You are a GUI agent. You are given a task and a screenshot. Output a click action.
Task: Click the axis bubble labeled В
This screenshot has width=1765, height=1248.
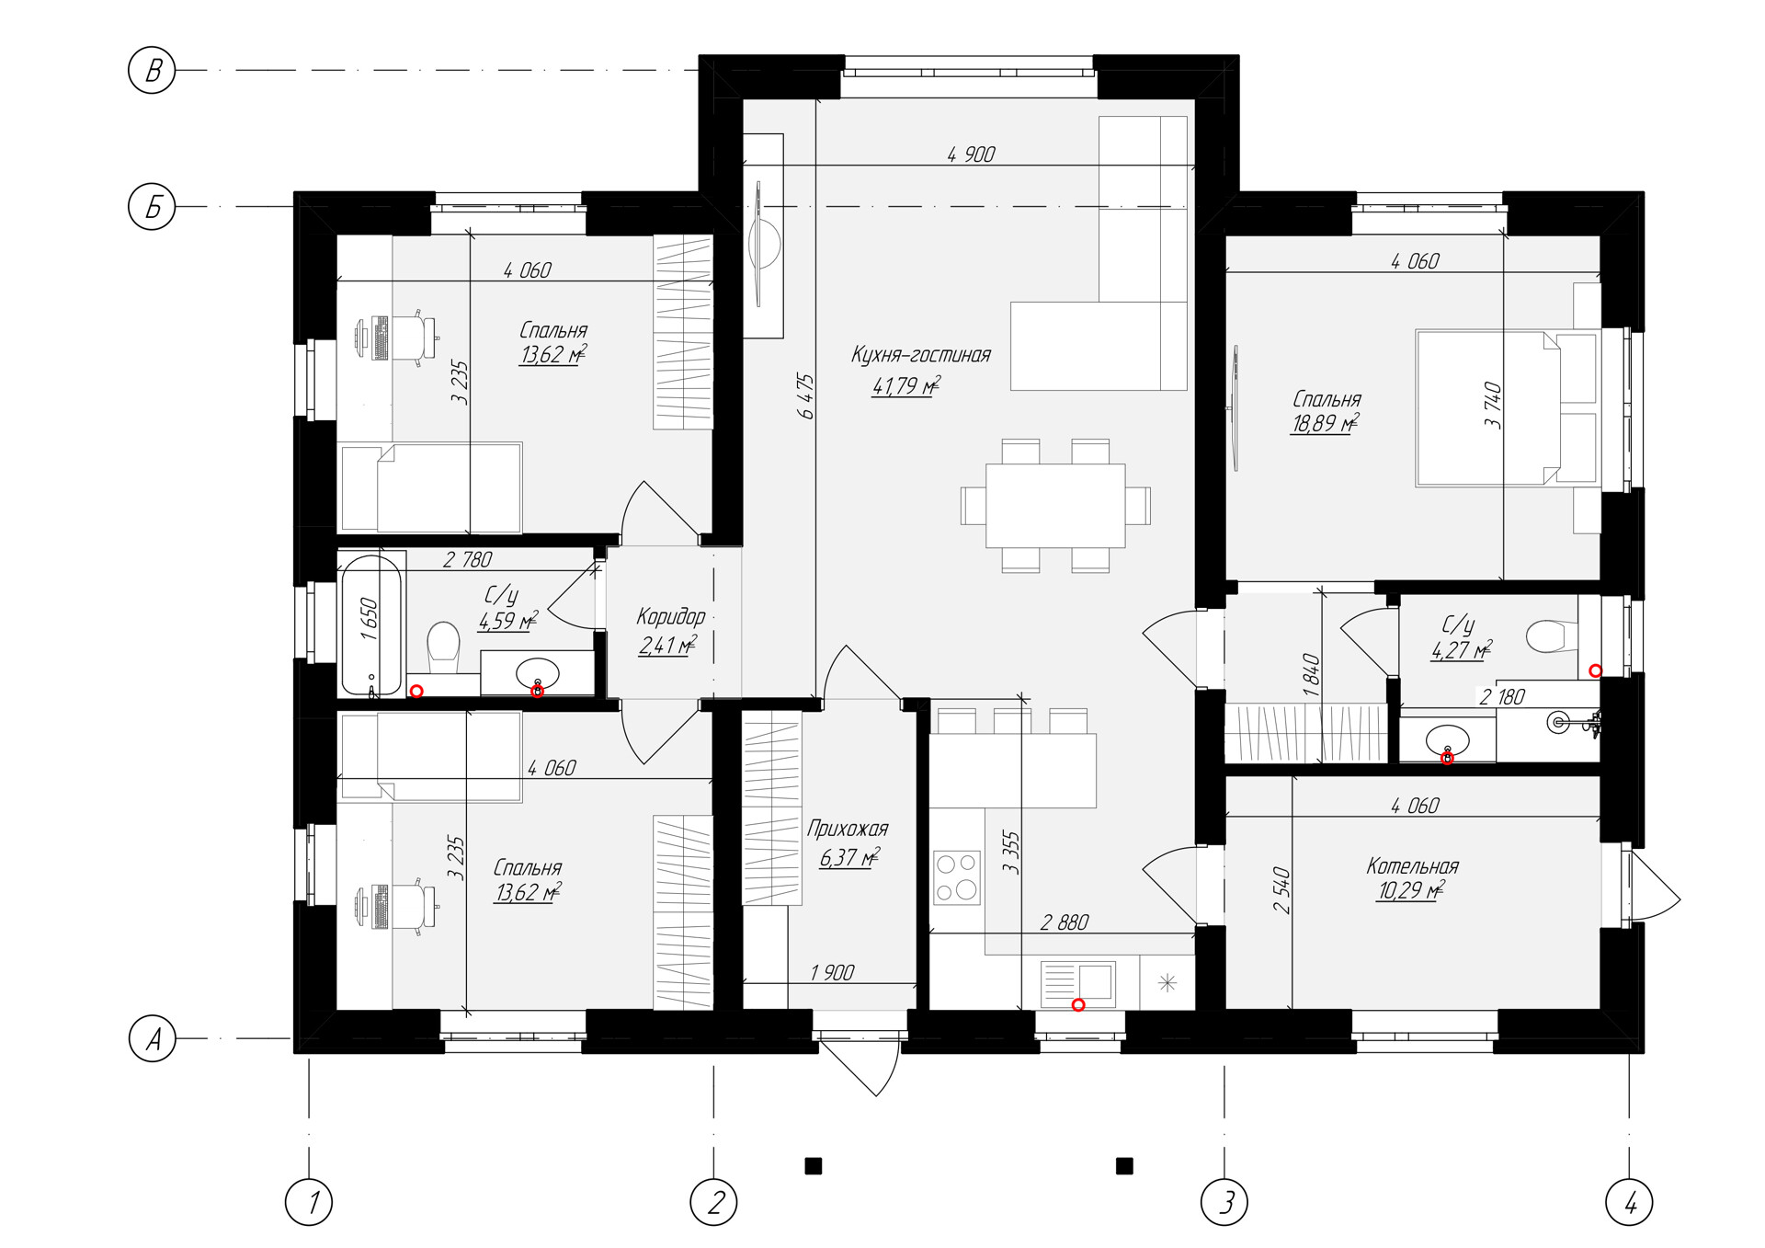(152, 70)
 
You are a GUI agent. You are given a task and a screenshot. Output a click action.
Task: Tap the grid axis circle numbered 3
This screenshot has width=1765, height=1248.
(1224, 1201)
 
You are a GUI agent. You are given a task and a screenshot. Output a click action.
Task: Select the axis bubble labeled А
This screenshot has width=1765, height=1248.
(152, 1038)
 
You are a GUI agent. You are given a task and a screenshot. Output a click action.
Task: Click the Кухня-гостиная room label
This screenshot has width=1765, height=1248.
(920, 355)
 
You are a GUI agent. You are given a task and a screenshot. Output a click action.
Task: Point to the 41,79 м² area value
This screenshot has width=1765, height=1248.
(905, 385)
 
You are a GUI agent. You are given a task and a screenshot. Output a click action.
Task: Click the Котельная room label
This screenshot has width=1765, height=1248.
(1412, 865)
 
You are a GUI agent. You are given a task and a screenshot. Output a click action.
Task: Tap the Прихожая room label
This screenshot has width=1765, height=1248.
(848, 830)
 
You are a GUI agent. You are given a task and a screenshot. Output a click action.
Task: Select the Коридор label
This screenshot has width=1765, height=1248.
(671, 616)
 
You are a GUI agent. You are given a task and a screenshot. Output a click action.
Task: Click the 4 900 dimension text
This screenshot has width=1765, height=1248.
(972, 154)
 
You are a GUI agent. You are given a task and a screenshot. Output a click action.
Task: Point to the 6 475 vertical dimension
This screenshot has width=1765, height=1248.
(806, 396)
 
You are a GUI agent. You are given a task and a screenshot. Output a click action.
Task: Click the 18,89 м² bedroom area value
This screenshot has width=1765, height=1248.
(1325, 423)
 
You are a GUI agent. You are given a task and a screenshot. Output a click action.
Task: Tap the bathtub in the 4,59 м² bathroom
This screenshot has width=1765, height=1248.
(372, 624)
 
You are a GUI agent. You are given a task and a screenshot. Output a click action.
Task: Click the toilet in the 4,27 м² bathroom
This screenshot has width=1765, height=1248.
(1551, 635)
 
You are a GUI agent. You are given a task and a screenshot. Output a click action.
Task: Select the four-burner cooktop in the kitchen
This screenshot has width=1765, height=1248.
(957, 877)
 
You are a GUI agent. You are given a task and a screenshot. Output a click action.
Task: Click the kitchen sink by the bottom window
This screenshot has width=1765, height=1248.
(1078, 985)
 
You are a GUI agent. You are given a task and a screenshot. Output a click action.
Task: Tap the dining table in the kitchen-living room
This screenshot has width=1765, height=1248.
(1055, 506)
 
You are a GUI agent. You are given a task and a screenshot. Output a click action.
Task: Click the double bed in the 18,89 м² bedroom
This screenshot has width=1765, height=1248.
(1508, 407)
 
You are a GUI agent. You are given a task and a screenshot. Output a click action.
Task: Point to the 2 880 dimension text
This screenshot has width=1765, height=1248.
(1065, 922)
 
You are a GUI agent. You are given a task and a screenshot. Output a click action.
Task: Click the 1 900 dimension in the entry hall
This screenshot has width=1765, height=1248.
(833, 972)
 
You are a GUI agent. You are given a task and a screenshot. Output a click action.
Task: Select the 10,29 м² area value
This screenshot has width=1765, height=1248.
(1409, 890)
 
